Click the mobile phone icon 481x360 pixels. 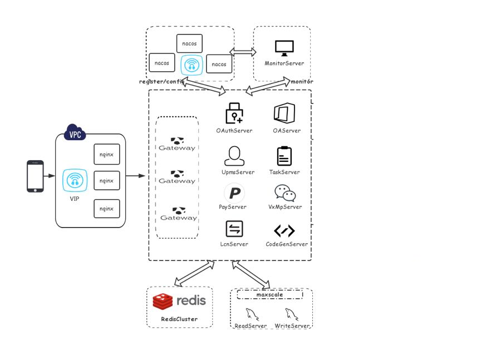pyautogui.click(x=35, y=176)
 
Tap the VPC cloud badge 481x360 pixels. pyautogui.click(x=75, y=134)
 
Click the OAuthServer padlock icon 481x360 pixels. pyautogui.click(x=234, y=113)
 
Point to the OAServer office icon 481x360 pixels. pyautogui.click(x=284, y=113)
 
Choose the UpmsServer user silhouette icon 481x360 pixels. pyautogui.click(x=234, y=156)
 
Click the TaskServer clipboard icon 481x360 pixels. pyautogui.click(x=284, y=156)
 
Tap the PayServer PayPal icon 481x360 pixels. pyautogui.click(x=234, y=193)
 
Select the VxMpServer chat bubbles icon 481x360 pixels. pyautogui.click(x=285, y=193)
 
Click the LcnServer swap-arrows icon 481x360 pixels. pyautogui.click(x=234, y=229)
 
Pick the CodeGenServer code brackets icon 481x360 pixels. pyautogui.click(x=284, y=230)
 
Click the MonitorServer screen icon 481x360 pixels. pyautogui.click(x=284, y=48)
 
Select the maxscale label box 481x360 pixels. pyautogui.click(x=270, y=294)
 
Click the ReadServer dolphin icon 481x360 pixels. pyautogui.click(x=252, y=314)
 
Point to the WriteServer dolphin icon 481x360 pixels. pyautogui.click(x=291, y=314)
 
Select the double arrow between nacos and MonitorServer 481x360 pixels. pyautogui.click(x=243, y=52)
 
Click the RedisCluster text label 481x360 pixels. pyautogui.click(x=179, y=319)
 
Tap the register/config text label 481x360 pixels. pyautogui.click(x=161, y=82)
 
